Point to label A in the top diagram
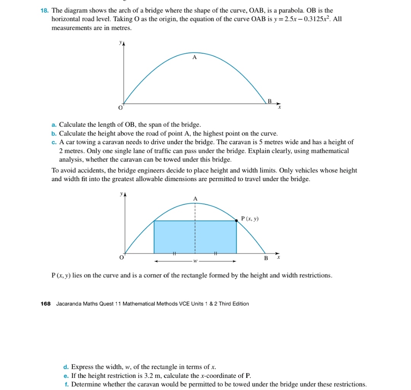click(x=194, y=58)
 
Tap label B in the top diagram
click(x=270, y=101)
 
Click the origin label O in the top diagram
click(x=120, y=108)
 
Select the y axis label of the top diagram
click(x=120, y=43)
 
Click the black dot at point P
click(x=236, y=220)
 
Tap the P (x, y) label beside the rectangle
click(x=250, y=219)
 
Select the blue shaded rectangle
click(x=195, y=237)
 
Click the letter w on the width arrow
click(x=195, y=261)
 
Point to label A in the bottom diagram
click(x=195, y=199)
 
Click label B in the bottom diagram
click(x=266, y=258)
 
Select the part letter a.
click(x=54, y=125)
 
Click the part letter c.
click(x=54, y=142)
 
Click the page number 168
click(x=45, y=304)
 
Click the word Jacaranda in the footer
click(x=69, y=304)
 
